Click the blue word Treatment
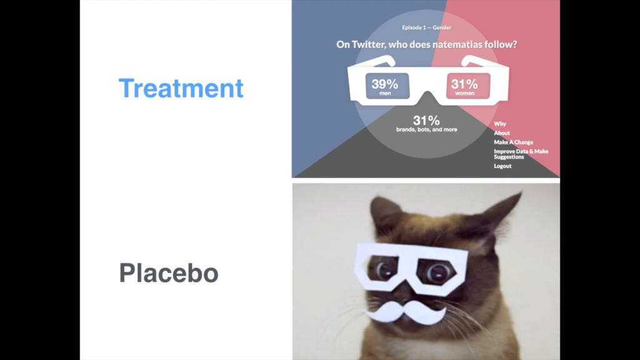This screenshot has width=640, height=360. click(181, 88)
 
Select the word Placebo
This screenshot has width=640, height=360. click(169, 272)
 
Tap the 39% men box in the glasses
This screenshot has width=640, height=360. click(387, 86)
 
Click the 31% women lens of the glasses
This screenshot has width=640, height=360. click(468, 86)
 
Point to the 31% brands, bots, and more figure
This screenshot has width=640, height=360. click(426, 123)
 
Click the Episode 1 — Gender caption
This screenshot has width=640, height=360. click(426, 27)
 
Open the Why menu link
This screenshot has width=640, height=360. click(500, 124)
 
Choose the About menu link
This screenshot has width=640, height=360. click(502, 133)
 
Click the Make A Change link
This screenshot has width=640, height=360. click(514, 142)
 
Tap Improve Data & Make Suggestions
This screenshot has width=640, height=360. click(521, 154)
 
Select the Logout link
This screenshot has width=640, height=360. click(502, 166)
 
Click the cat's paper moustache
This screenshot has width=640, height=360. click(405, 312)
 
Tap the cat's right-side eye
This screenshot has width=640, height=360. click(437, 272)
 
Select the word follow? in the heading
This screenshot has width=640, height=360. click(501, 44)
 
